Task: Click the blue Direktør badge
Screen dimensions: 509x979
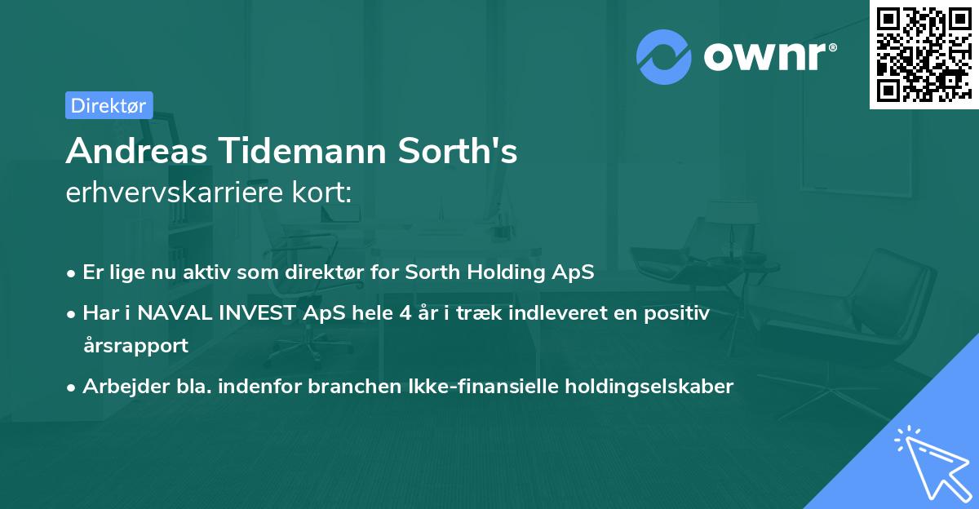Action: [109, 105]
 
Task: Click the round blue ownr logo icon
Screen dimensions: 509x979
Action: [664, 56]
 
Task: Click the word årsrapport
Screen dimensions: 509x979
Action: [135, 345]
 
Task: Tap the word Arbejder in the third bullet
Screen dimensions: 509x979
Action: [117, 387]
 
